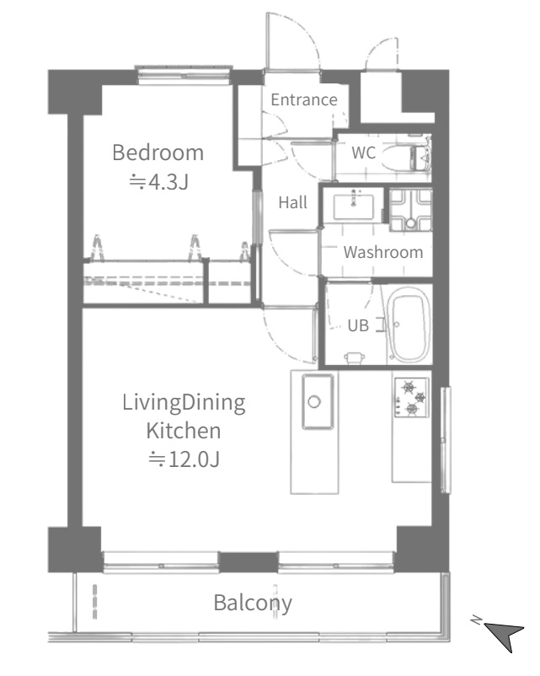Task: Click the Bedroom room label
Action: pyautogui.click(x=158, y=153)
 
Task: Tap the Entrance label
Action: pyautogui.click(x=304, y=100)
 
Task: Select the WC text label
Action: pyautogui.click(x=363, y=153)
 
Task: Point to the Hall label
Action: pyautogui.click(x=292, y=202)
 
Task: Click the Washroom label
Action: pyautogui.click(x=383, y=252)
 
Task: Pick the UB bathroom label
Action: pyautogui.click(x=358, y=325)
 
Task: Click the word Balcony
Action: pyautogui.click(x=253, y=604)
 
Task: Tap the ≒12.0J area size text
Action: pyautogui.click(x=184, y=459)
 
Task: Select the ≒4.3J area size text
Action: pyautogui.click(x=158, y=182)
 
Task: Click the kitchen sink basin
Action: pyautogui.click(x=318, y=402)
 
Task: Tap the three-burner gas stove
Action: pyautogui.click(x=412, y=397)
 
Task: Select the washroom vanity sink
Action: pyautogui.click(x=353, y=207)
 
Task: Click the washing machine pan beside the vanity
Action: pyautogui.click(x=411, y=211)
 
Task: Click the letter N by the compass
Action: pyautogui.click(x=476, y=620)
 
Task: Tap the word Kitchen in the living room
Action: pyautogui.click(x=184, y=431)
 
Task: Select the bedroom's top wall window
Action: pyautogui.click(x=184, y=73)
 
